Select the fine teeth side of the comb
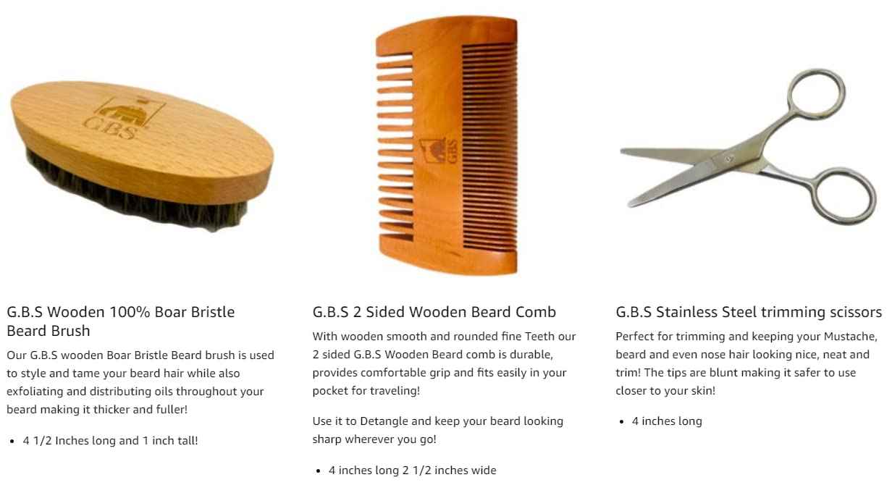pyautogui.click(x=489, y=145)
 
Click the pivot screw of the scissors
pyautogui.click(x=729, y=158)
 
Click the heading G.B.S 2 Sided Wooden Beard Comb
pyautogui.click(x=434, y=312)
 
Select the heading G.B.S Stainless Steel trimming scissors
pyautogui.click(x=749, y=312)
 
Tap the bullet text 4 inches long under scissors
pyautogui.click(x=667, y=421)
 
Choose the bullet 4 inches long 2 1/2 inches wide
pyautogui.click(x=412, y=471)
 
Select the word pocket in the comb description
pyautogui.click(x=329, y=391)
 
